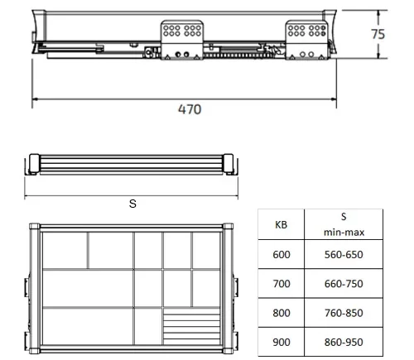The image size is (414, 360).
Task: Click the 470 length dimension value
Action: (x=190, y=109)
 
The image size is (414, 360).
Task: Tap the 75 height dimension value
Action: (x=378, y=34)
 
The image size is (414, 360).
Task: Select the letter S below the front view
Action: (x=132, y=204)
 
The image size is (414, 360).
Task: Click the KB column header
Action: (x=281, y=225)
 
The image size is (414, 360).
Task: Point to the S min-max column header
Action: (x=344, y=224)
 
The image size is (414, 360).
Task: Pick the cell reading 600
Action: (x=282, y=254)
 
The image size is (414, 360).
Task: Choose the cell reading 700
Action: (x=282, y=284)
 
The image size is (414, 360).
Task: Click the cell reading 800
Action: (x=282, y=313)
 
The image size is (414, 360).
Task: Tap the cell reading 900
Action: (x=282, y=342)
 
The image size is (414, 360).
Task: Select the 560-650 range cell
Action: (x=344, y=254)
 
